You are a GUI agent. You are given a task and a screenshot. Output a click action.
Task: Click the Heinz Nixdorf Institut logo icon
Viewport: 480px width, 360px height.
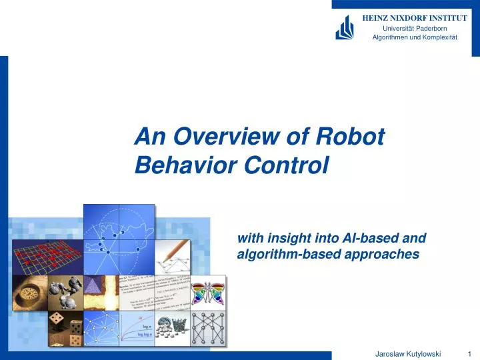pos(344,27)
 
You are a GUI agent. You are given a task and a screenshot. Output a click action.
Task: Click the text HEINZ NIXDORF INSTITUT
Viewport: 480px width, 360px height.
pos(414,18)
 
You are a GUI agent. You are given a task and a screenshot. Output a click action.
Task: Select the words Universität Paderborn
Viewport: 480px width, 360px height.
pos(414,28)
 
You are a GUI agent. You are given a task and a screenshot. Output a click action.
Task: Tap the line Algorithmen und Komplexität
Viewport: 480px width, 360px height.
pos(414,37)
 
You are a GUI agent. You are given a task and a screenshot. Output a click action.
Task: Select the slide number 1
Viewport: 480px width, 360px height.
pos(470,353)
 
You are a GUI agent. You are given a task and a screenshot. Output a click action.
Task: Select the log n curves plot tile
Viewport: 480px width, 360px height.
pos(137,329)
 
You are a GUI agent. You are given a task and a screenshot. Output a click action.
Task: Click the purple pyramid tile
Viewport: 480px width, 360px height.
pos(101,291)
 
